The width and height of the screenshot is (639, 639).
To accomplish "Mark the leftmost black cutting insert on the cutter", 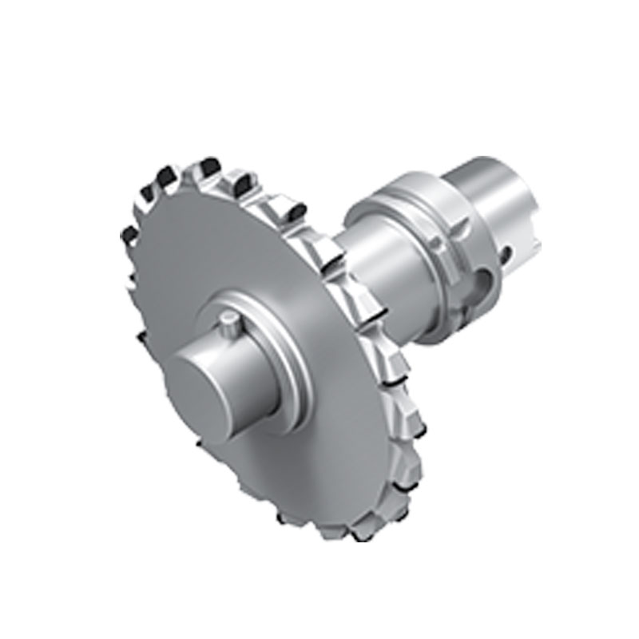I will click(x=125, y=232).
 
